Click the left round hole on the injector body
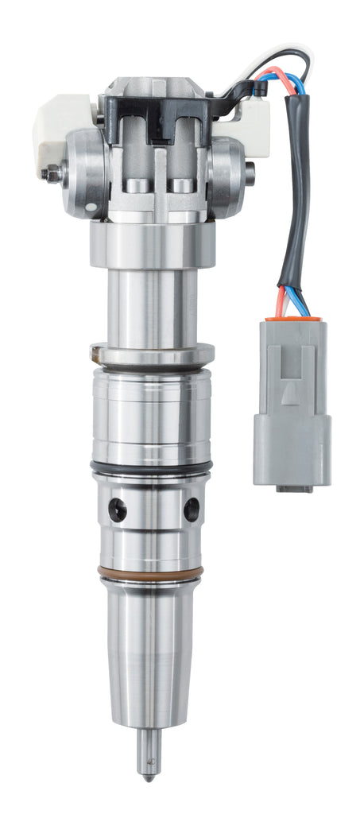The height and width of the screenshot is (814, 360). click(x=118, y=510)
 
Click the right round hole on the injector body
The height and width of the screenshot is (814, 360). click(x=192, y=509)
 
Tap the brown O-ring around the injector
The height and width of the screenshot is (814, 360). click(x=151, y=572)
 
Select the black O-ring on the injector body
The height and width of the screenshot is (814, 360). click(x=151, y=468)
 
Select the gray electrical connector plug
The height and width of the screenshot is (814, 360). click(x=292, y=401)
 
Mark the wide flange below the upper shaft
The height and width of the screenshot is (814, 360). click(x=152, y=352)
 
